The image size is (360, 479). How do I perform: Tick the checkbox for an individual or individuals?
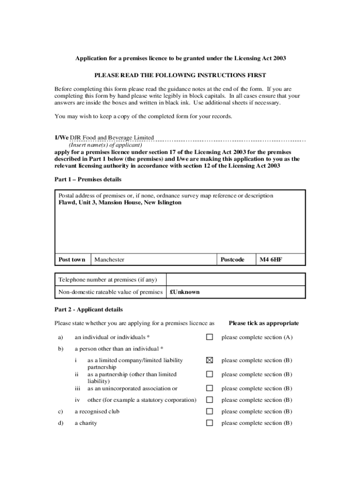click(209, 337)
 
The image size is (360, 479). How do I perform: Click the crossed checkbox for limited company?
click(209, 360)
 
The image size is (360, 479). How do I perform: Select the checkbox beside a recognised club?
click(209, 412)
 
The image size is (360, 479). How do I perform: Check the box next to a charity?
click(209, 423)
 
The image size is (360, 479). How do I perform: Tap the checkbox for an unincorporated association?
click(209, 388)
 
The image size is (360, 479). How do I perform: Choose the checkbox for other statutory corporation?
click(209, 400)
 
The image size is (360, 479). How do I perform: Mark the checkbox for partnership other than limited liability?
click(209, 374)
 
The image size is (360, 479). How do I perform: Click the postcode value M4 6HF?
click(271, 260)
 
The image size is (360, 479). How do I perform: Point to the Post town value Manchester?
click(109, 260)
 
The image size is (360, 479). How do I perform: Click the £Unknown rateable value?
click(185, 292)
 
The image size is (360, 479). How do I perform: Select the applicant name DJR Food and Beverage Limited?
click(112, 138)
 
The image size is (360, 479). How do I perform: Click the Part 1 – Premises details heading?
click(88, 180)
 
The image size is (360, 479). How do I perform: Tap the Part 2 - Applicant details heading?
click(89, 310)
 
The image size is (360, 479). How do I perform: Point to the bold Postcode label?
click(232, 260)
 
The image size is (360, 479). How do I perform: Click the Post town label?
click(72, 260)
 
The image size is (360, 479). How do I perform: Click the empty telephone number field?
click(236, 280)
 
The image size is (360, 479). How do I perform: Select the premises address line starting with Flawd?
click(120, 203)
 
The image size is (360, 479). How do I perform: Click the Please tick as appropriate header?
click(264, 323)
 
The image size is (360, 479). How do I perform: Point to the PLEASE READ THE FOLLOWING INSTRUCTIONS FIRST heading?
click(180, 75)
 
